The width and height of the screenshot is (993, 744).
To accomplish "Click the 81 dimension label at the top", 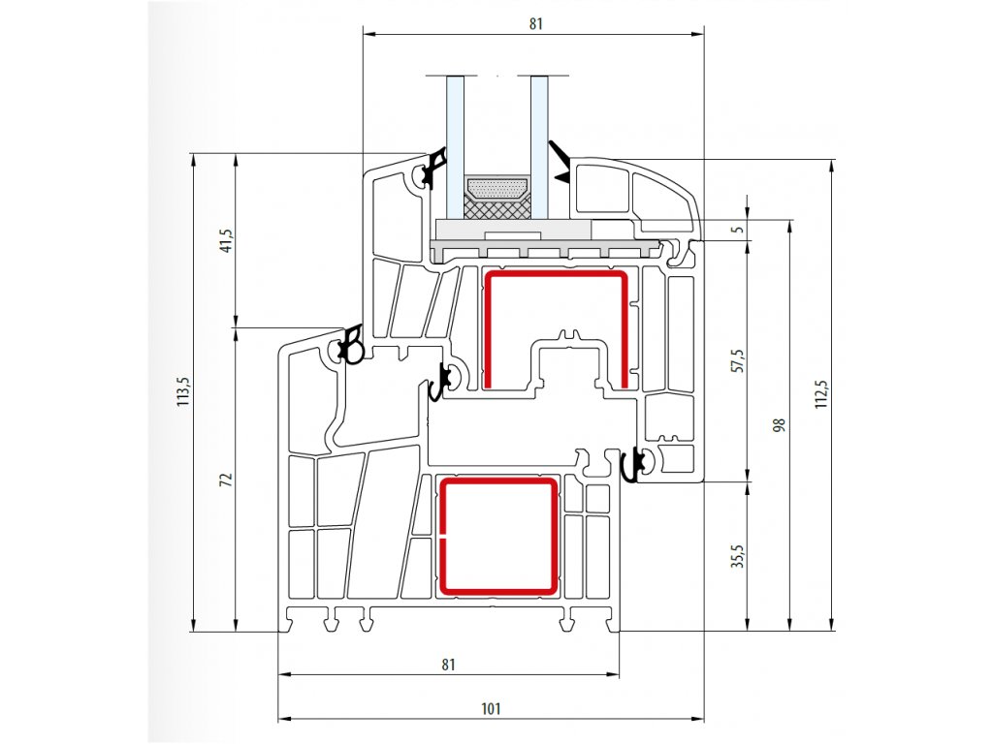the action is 535,23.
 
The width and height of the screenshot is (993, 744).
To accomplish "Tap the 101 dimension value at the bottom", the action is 491,708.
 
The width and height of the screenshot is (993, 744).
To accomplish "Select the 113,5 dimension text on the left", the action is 182,391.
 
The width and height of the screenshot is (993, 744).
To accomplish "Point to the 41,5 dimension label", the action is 227,240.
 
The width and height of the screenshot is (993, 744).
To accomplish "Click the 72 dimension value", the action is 226,480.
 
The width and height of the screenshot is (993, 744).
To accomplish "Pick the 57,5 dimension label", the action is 738,360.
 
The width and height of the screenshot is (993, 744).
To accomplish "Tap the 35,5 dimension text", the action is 738,557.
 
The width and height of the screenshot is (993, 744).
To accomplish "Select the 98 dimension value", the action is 780,424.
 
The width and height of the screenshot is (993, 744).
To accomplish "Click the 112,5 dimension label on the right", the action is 820,393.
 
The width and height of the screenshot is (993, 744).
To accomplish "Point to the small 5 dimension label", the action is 738,229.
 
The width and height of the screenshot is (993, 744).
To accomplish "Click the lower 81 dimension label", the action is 448,665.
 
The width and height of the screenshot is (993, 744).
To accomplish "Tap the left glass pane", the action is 456,147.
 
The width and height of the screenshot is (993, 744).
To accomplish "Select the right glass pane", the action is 539,147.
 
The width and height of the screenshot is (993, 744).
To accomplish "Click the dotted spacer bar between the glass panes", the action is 497,189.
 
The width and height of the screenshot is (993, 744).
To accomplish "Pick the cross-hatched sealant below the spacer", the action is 497,207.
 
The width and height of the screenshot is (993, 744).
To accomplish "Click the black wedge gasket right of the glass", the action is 560,163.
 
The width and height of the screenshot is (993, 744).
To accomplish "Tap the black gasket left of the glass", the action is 434,169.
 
